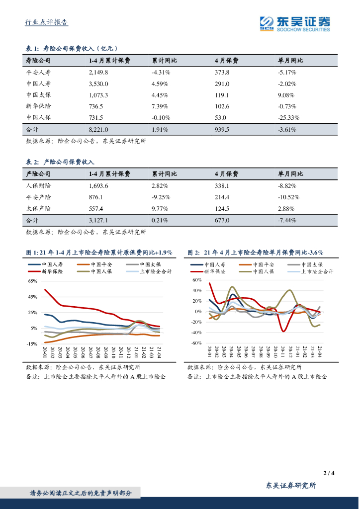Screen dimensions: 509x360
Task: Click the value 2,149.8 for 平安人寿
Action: click(x=98, y=72)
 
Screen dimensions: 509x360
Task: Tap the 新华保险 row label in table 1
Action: click(x=38, y=106)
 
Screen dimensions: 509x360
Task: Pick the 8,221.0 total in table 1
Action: click(x=98, y=129)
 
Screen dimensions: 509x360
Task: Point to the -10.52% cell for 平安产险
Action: click(x=288, y=197)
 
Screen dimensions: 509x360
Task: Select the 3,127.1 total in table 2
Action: click(x=98, y=220)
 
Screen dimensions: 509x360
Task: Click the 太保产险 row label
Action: click(x=38, y=208)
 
